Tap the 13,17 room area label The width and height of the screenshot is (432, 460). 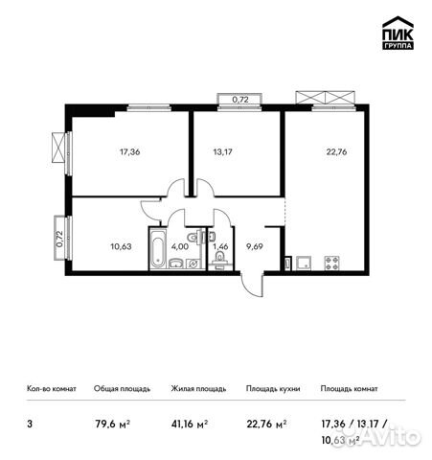(222, 149)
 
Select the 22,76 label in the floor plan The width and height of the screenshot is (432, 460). (324, 149)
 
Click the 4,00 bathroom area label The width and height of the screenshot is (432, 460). (179, 246)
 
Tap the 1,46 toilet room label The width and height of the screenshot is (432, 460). (219, 246)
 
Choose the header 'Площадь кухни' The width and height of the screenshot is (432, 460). (272, 389)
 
